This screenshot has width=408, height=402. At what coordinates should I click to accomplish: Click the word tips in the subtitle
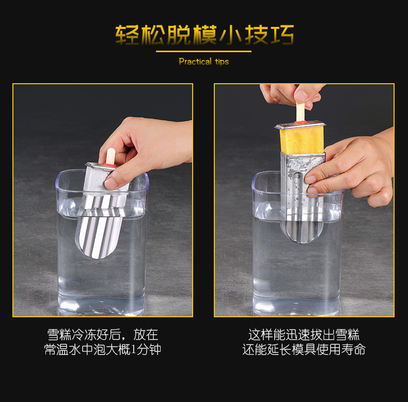(x=221, y=61)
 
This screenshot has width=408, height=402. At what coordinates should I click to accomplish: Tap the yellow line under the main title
(x=203, y=51)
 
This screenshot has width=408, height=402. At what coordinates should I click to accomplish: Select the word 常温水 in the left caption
(x=61, y=350)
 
